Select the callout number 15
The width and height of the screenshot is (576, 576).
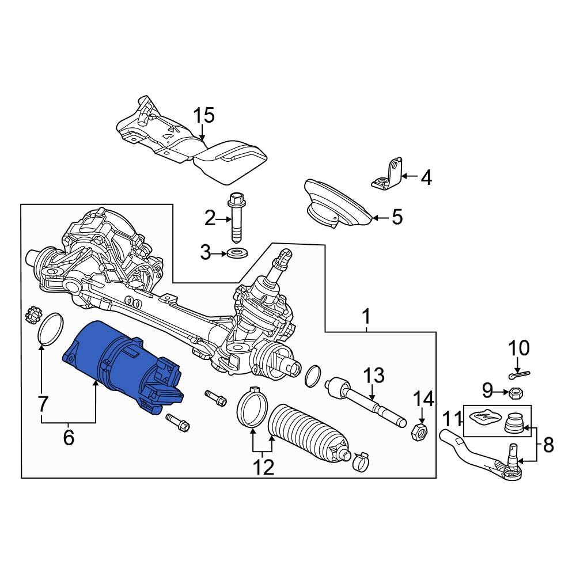click(203, 116)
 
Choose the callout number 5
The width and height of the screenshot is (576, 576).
click(397, 218)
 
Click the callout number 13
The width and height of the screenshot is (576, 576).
click(373, 377)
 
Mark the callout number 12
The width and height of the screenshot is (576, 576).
click(263, 467)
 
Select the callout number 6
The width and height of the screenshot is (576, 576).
click(69, 438)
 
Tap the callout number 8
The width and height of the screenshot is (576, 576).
click(548, 444)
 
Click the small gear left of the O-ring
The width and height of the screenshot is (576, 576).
click(32, 317)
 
